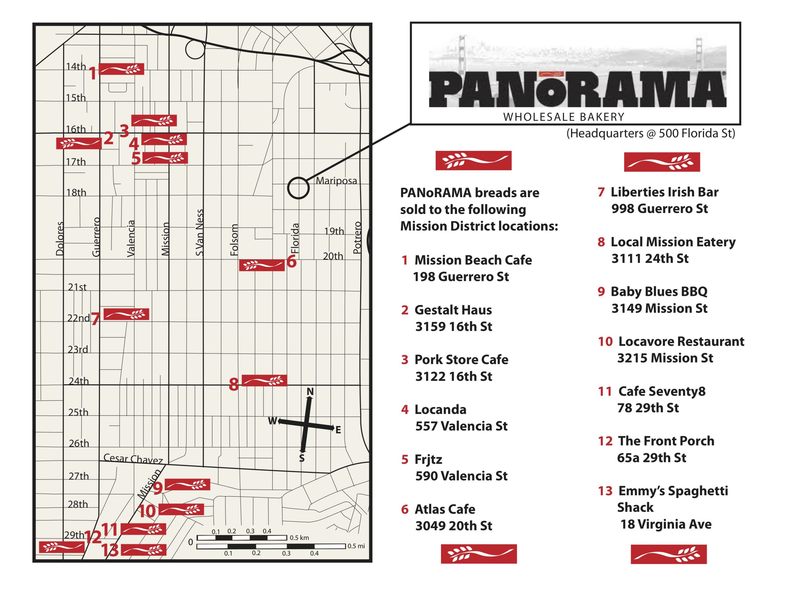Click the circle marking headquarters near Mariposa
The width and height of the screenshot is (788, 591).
coord(298,188)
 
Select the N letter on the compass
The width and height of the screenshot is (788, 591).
coord(310,392)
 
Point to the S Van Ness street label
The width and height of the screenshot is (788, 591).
coord(199,232)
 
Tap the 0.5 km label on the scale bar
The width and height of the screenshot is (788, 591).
coord(299,537)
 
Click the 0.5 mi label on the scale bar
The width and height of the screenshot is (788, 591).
coord(356,546)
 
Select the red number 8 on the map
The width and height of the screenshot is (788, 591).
coord(233,384)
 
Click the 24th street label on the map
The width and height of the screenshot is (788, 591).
coord(78,381)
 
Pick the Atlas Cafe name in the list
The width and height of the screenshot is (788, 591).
coord(444,509)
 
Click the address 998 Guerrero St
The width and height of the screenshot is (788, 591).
coord(659,208)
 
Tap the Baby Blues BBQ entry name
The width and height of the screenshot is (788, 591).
coord(659,291)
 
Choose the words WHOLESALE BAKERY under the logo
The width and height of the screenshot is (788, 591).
coord(564,117)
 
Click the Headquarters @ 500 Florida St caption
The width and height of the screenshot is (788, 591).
coord(650,133)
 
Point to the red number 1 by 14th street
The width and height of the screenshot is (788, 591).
coord(93,73)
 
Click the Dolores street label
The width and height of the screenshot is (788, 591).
coord(60,238)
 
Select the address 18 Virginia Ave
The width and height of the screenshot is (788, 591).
coord(665,524)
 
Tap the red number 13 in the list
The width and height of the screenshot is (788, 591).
coord(605,491)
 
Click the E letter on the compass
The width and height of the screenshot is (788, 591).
coord(338,430)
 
